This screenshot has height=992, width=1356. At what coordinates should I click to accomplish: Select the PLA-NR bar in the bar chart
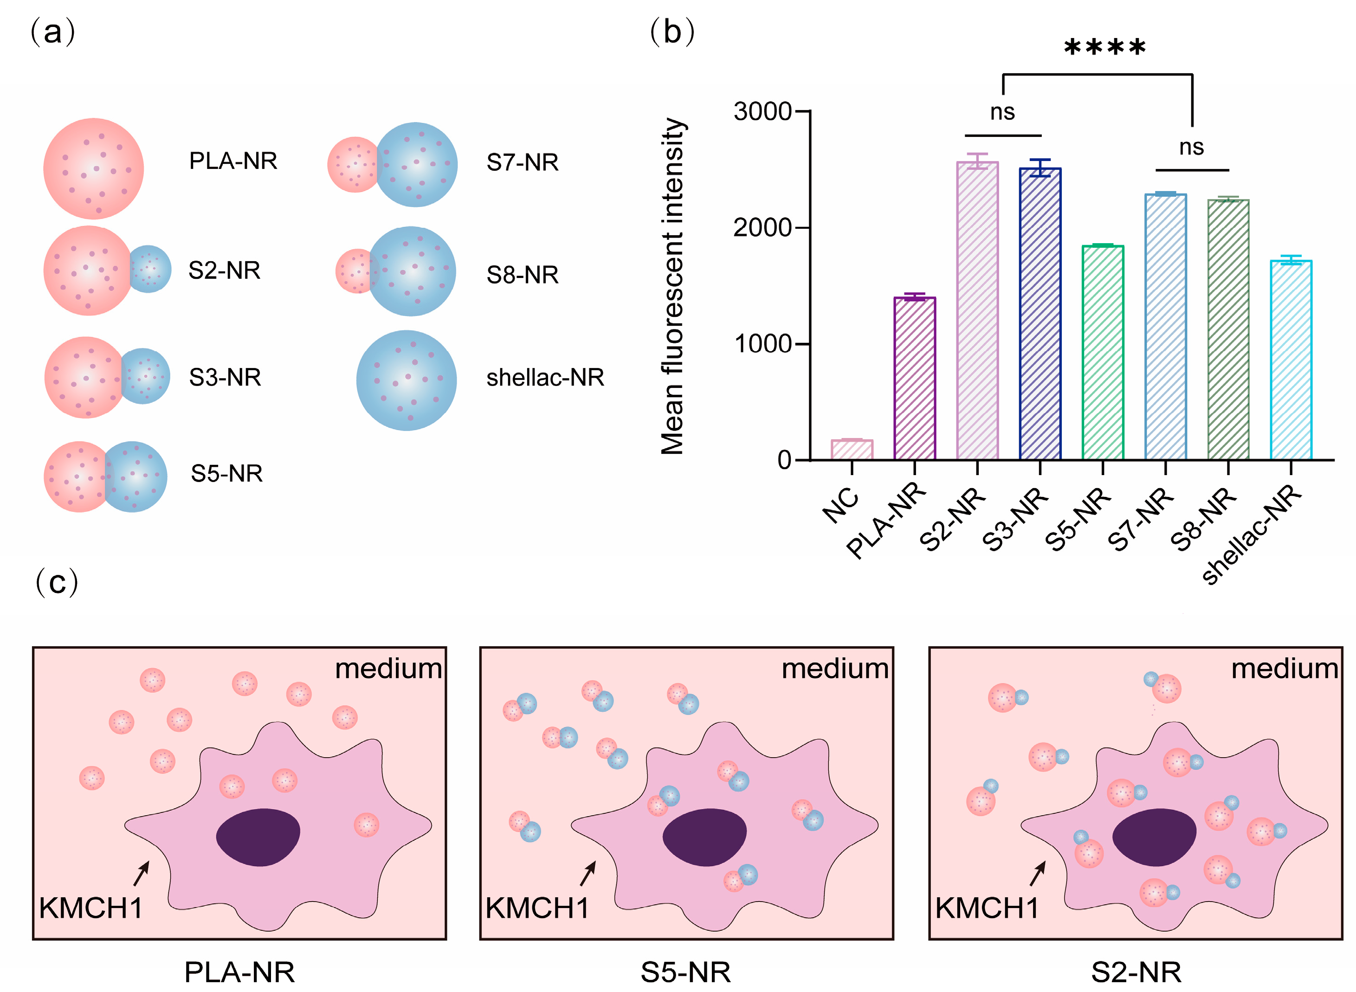point(914,378)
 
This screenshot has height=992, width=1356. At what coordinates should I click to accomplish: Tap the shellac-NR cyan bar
point(1291,361)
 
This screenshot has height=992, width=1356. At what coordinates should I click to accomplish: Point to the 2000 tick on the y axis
point(762,228)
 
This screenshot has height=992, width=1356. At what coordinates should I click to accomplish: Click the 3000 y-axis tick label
point(762,112)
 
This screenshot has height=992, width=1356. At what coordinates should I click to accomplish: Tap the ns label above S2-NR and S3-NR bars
point(1002,112)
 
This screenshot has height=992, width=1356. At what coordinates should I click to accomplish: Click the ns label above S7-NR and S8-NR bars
point(1191,147)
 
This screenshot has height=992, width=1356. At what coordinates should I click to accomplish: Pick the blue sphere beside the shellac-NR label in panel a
point(407,380)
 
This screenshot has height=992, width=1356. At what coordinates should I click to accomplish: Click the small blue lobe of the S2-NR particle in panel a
point(150,269)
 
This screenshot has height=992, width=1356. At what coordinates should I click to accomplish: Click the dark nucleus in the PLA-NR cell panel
point(258,837)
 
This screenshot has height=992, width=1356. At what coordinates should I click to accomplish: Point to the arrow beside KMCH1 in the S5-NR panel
point(588,873)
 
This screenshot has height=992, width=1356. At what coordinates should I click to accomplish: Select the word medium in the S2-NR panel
point(1284,669)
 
